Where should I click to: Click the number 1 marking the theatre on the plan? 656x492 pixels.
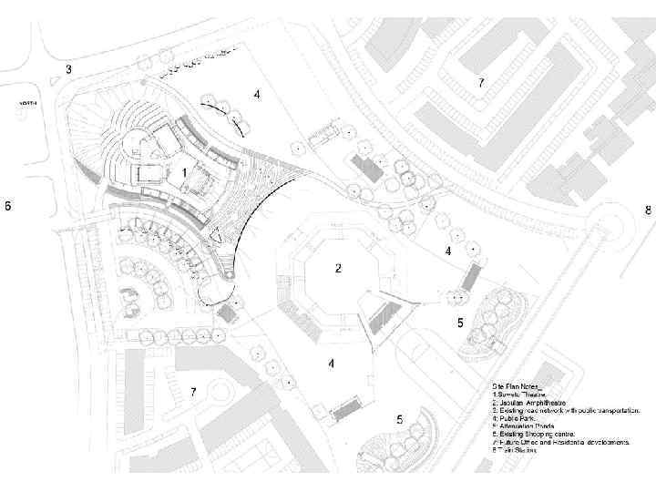[185, 171]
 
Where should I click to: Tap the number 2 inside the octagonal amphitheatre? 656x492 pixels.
[338, 269]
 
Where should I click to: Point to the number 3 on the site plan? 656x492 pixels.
[68, 69]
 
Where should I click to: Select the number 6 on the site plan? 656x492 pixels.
[8, 206]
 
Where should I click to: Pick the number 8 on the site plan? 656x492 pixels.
[648, 210]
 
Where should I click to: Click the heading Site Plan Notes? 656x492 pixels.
[514, 386]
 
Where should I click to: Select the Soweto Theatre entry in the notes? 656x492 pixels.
[520, 395]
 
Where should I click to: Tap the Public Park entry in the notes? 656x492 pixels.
[513, 419]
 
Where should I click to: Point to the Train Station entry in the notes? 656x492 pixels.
[515, 450]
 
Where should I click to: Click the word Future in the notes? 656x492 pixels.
[506, 443]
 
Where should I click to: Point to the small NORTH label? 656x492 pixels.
[27, 103]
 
